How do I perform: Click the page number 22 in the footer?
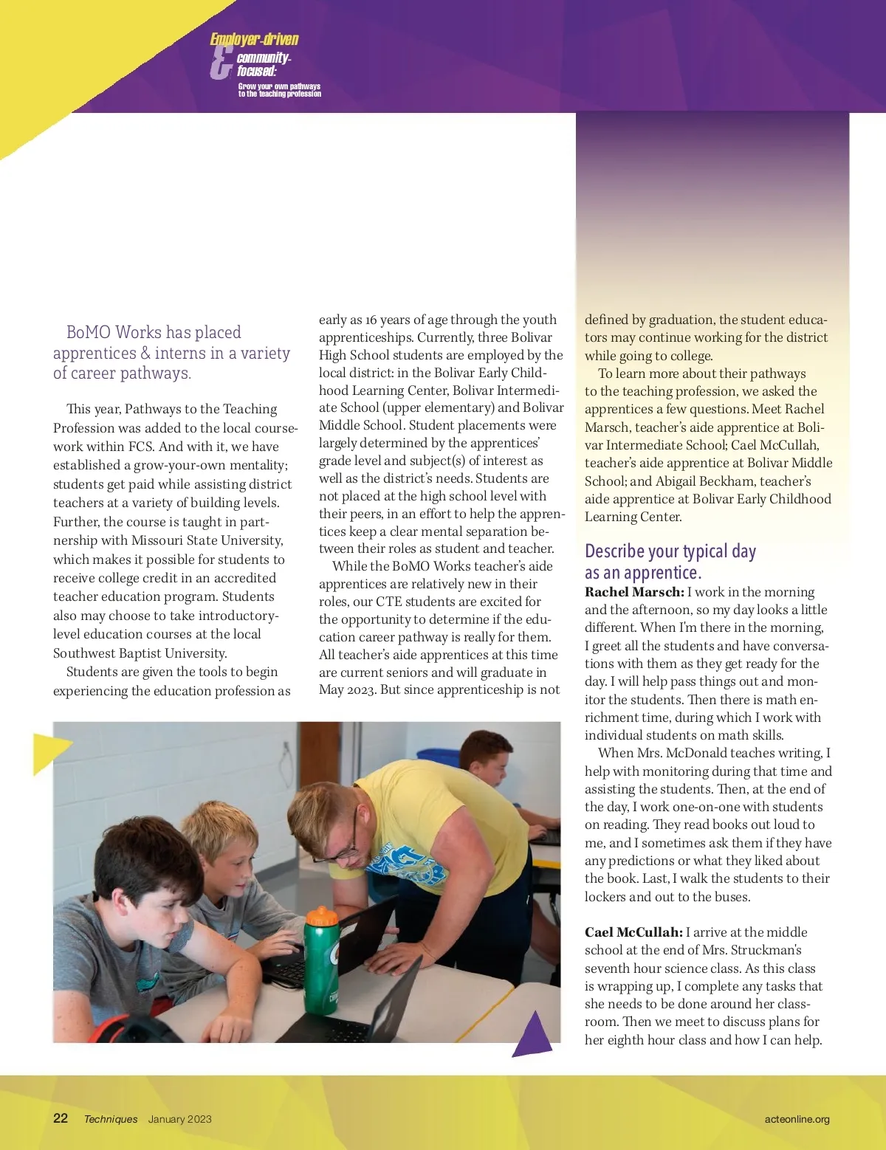[x=61, y=1118]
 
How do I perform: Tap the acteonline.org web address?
[x=797, y=1119]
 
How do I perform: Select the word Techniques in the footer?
[x=111, y=1119]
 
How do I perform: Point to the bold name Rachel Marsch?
[x=634, y=592]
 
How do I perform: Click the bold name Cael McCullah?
[x=633, y=932]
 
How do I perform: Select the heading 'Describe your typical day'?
[x=670, y=551]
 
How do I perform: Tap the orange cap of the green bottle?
[x=322, y=917]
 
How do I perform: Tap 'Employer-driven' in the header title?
[x=254, y=39]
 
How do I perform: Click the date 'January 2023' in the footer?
[x=179, y=1119]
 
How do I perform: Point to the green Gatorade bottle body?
[x=323, y=967]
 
